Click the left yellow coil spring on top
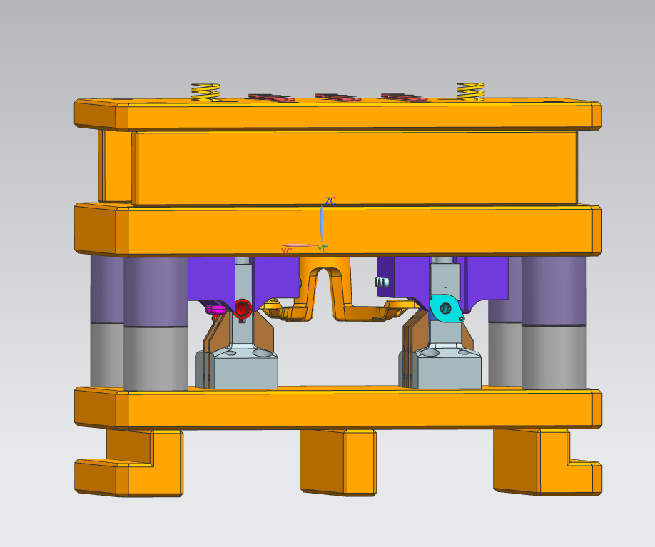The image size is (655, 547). (x=205, y=92)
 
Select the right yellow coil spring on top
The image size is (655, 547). (x=470, y=91)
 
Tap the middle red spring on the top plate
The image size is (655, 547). (x=335, y=96)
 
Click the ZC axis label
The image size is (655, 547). (x=330, y=201)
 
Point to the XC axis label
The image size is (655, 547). (x=287, y=251)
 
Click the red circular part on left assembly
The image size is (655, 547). (x=243, y=308)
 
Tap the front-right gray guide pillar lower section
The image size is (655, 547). (x=554, y=357)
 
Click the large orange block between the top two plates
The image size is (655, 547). (x=355, y=168)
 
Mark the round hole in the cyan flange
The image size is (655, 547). (x=447, y=309)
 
